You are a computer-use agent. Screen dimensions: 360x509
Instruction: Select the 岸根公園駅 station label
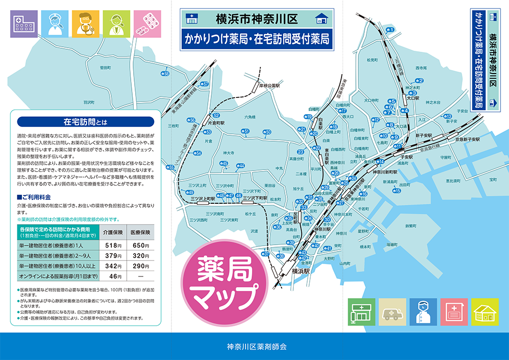coord(269,86)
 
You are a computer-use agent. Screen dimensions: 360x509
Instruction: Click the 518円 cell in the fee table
coord(113,245)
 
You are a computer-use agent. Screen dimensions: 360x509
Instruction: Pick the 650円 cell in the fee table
coord(141,245)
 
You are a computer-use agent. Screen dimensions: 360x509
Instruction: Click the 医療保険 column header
coord(141,232)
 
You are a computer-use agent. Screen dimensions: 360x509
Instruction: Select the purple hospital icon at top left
coord(24,24)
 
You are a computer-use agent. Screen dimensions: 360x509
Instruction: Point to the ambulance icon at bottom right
coord(393,312)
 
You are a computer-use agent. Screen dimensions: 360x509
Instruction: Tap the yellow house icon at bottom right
coord(485,312)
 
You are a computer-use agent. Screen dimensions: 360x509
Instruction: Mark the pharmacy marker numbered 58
coord(165,74)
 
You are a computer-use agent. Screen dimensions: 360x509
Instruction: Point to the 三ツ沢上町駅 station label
coord(203,198)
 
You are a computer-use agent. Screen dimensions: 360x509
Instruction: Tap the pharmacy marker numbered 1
coord(390,30)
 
